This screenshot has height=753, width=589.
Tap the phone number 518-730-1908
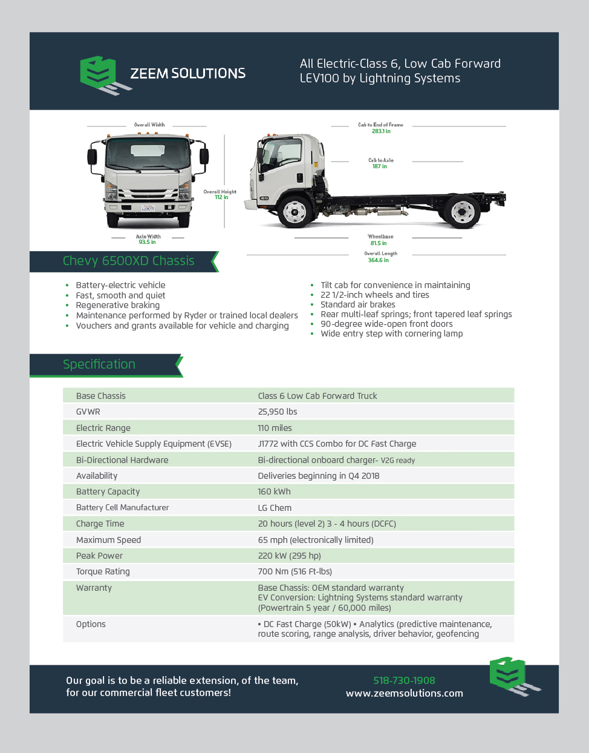pos(404,680)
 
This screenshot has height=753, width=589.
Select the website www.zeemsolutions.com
pos(404,694)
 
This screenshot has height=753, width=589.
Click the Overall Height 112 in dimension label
pos(220,194)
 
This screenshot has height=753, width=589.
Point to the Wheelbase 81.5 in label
pos(380,240)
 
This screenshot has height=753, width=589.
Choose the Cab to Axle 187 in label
pos(380,163)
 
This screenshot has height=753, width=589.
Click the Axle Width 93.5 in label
pos(148,240)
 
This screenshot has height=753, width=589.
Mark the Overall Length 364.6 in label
pos(380,257)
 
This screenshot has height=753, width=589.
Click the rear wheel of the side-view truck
pos(463,211)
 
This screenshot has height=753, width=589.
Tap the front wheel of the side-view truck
pos(294,211)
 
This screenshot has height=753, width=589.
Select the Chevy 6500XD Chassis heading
pos(128,261)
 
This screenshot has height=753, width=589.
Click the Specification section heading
pos(99,364)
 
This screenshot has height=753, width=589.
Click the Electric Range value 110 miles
pos(275,428)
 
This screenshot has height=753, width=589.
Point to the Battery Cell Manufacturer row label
pos(122,508)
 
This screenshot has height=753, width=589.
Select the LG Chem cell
pos(275,508)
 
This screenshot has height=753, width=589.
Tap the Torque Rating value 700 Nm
pos(294,571)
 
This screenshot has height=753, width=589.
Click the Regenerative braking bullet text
pos(118,305)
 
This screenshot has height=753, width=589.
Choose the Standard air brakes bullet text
pos(358,304)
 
